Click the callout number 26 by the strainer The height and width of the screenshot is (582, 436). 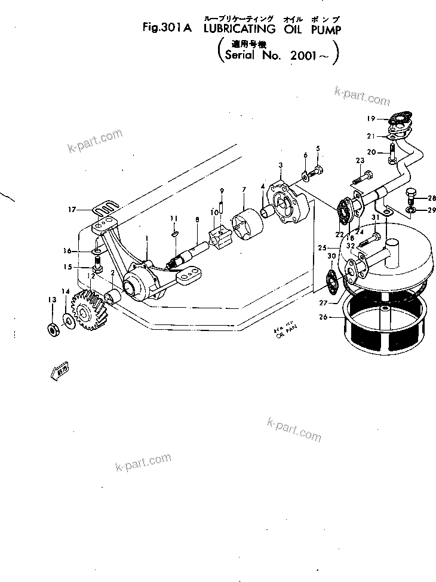click(x=323, y=317)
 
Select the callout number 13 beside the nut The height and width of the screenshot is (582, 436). click(x=52, y=299)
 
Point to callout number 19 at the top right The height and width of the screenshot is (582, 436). click(x=371, y=118)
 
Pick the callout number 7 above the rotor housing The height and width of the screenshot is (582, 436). click(x=244, y=190)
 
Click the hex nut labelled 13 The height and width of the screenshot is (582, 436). click(x=52, y=328)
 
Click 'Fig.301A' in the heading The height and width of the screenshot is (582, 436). click(x=166, y=27)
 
